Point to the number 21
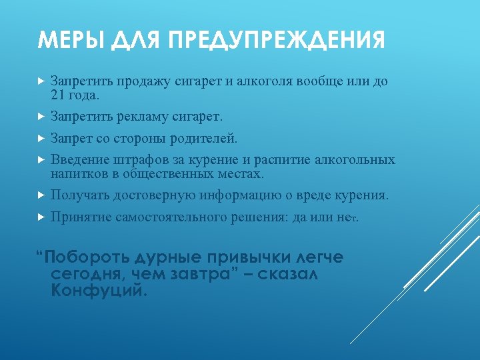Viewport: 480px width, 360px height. [58, 95]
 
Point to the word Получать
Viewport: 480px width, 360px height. [80, 195]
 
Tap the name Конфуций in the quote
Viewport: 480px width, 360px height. [98, 291]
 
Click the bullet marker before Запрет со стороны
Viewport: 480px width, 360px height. [41, 139]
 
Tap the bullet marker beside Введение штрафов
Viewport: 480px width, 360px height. [41, 161]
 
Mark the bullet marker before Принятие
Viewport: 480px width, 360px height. [41, 217]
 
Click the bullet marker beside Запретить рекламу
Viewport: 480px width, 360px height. [41, 117]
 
